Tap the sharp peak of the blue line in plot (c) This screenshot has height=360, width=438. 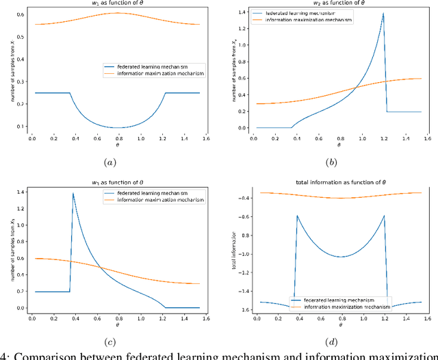point(73,194)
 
